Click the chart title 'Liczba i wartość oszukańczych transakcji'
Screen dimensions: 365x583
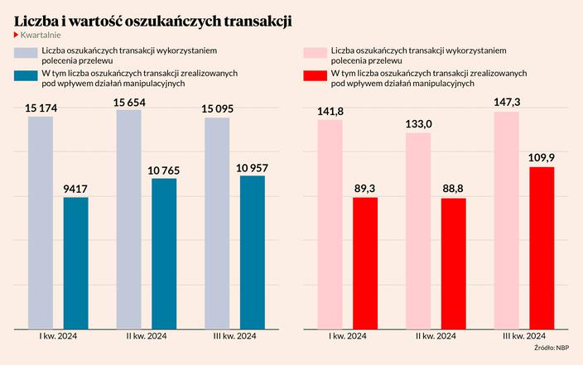click(152, 19)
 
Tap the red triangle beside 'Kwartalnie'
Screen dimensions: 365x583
click(17, 36)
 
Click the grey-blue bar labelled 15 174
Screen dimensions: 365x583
click(41, 223)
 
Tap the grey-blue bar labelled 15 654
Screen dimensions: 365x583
click(129, 220)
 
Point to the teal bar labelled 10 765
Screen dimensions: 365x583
click(164, 254)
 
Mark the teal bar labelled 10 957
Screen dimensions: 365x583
click(253, 252)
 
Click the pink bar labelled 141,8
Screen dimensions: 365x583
click(330, 225)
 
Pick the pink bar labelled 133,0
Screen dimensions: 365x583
click(418, 232)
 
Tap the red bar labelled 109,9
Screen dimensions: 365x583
click(542, 248)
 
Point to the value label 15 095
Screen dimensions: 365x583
click(217, 107)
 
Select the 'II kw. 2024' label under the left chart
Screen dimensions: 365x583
click(147, 335)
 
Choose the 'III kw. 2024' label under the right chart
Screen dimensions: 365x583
click(523, 335)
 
